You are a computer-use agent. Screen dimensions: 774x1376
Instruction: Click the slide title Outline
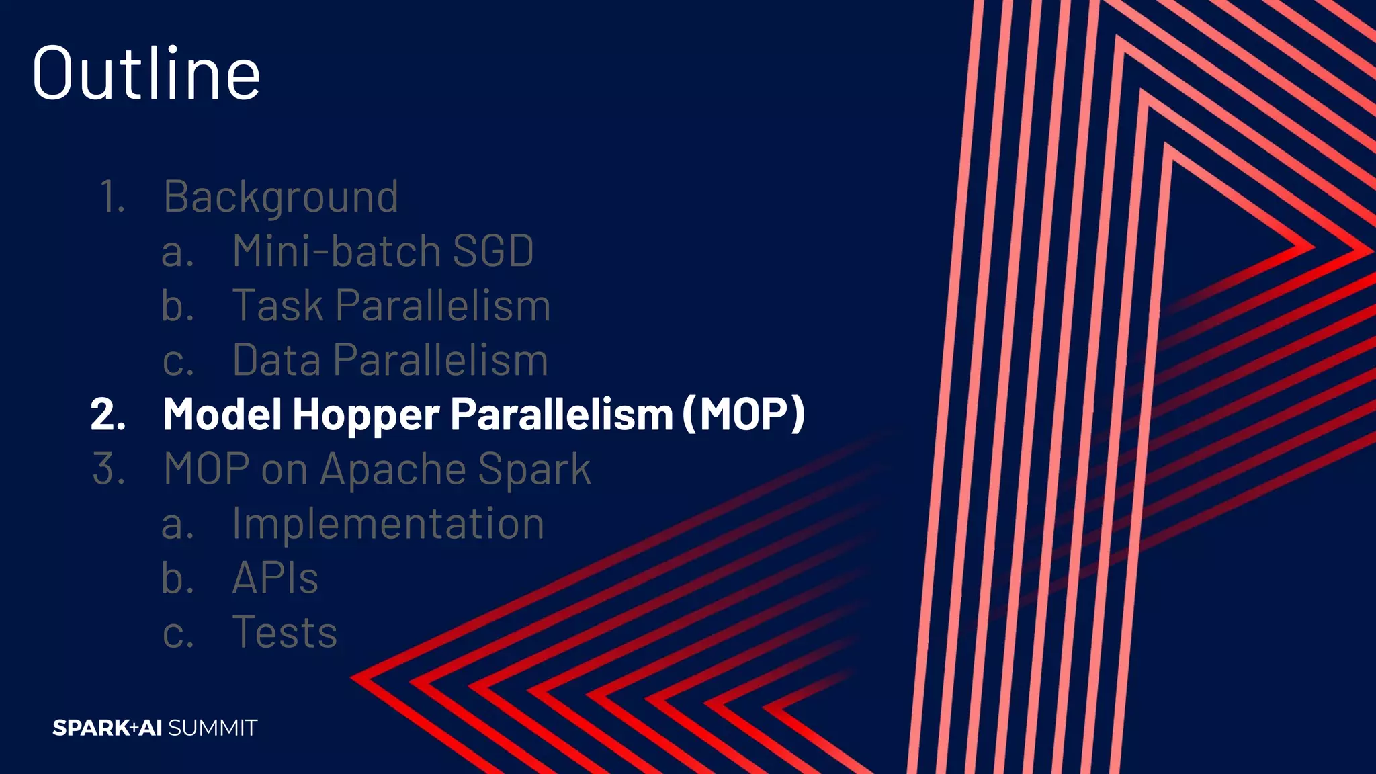tap(146, 73)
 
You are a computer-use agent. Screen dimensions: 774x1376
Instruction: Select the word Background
tap(281, 198)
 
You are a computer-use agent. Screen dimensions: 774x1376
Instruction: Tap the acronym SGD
tap(493, 251)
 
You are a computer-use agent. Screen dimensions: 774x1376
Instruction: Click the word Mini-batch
tap(336, 251)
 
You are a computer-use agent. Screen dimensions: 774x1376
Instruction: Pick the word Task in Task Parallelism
tap(277, 306)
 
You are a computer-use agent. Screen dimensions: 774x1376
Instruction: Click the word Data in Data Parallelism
tap(276, 360)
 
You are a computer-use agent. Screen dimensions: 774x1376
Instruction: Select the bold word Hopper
tap(365, 414)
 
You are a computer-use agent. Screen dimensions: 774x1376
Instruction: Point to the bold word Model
tap(222, 414)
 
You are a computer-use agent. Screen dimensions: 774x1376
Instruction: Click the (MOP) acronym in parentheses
tap(743, 414)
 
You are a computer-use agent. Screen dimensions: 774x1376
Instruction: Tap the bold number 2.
tap(107, 415)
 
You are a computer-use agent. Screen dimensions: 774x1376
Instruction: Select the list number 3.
tap(108, 469)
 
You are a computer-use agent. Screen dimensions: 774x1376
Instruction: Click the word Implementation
tap(388, 523)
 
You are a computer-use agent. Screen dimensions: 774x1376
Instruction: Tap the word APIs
tap(275, 578)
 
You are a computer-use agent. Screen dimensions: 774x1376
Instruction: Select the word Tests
tap(284, 632)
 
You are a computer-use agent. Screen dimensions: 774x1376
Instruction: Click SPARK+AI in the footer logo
tap(107, 728)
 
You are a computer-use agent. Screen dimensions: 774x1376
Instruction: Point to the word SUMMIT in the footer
tap(212, 728)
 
